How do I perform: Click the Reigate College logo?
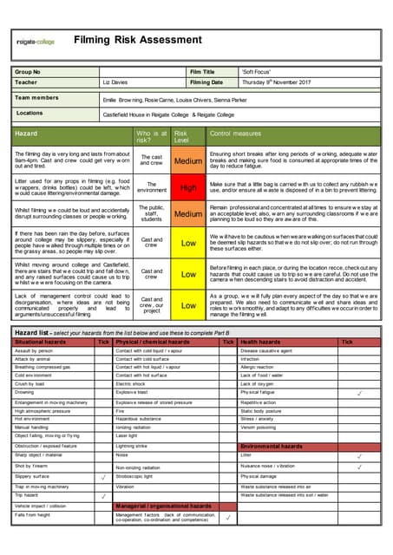pos(36,42)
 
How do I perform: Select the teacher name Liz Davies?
pos(115,82)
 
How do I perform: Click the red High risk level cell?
pos(188,186)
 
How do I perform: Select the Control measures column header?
pos(235,134)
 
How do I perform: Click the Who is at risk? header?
pos(151,134)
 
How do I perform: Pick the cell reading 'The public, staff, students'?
pos(151,212)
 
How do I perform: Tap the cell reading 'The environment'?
pos(151,186)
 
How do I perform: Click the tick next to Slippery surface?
pos(103,476)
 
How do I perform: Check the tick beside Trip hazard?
pos(103,495)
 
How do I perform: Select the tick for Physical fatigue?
pos(359,393)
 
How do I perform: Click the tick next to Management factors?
pos(227,517)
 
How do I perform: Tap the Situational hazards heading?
pos(42,343)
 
